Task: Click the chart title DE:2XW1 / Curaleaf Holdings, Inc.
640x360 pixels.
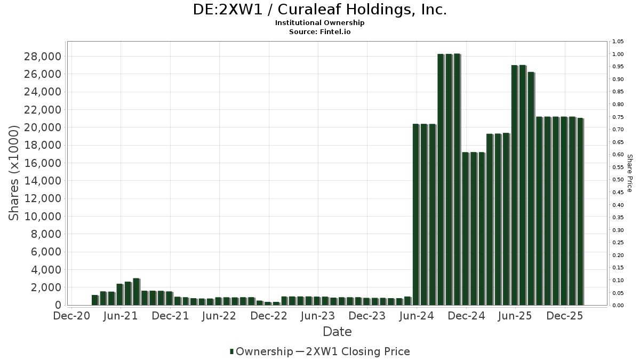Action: pyautogui.click(x=319, y=10)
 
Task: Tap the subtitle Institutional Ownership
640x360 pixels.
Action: pyautogui.click(x=319, y=23)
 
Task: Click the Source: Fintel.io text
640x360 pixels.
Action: pyautogui.click(x=319, y=32)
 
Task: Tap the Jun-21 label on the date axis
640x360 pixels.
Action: pyautogui.click(x=121, y=316)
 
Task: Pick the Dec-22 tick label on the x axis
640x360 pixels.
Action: pyautogui.click(x=269, y=316)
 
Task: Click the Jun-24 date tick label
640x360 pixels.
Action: pyautogui.click(x=418, y=316)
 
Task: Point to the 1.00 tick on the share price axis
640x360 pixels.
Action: pyautogui.click(x=618, y=54)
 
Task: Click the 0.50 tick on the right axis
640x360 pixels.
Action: pyautogui.click(x=618, y=180)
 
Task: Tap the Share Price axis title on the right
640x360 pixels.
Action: pyautogui.click(x=629, y=173)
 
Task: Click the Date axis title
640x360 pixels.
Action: pyautogui.click(x=337, y=332)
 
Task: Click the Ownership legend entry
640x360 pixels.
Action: pyautogui.click(x=261, y=351)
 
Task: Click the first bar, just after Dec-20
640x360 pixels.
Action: pyautogui.click(x=95, y=300)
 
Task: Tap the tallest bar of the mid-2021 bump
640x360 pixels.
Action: pyautogui.click(x=136, y=292)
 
